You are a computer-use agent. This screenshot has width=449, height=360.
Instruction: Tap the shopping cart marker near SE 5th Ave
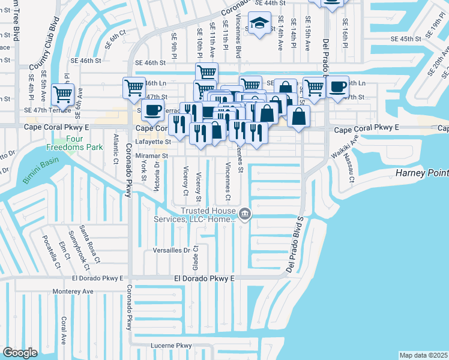click(x=62, y=94)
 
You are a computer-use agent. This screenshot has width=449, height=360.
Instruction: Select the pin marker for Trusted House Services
click(x=245, y=213)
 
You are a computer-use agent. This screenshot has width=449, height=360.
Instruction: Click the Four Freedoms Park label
click(x=67, y=140)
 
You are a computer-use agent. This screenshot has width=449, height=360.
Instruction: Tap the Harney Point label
click(x=422, y=173)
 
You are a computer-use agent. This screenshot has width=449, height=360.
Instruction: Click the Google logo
click(x=20, y=353)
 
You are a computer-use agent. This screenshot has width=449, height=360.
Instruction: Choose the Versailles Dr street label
click(x=172, y=250)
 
